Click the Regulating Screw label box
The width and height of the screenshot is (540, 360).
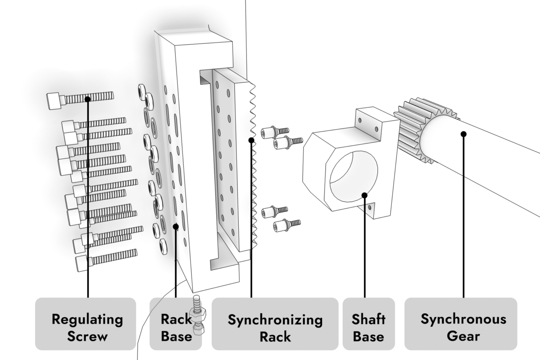(86, 323)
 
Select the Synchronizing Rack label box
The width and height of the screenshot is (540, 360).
(275, 323)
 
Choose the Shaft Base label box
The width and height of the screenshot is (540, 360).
(368, 323)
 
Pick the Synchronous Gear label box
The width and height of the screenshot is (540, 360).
(461, 323)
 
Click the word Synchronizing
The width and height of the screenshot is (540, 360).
(275, 320)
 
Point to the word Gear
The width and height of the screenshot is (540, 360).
(463, 336)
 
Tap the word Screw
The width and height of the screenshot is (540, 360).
(87, 336)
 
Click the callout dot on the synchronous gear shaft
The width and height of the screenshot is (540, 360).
(463, 134)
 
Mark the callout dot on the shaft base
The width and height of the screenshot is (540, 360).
(365, 195)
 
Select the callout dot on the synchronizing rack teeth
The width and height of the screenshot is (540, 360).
(251, 140)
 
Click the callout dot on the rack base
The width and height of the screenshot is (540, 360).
(176, 226)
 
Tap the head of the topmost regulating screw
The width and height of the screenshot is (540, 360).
(54, 101)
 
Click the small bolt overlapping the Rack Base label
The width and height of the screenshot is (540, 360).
(197, 315)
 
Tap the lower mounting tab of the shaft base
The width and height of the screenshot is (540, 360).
(370, 208)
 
